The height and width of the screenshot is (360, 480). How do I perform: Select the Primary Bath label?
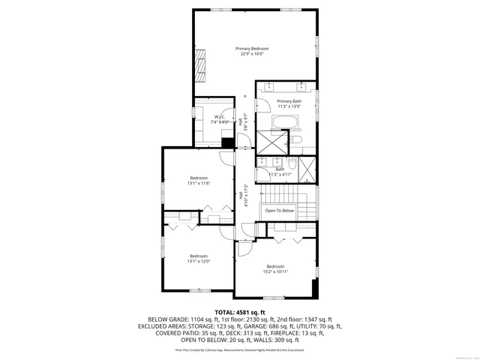[289, 101]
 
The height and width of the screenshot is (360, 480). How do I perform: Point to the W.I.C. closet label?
[220, 116]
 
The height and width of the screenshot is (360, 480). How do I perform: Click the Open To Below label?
[279, 211]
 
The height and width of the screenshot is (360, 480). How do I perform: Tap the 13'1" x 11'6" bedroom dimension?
[198, 183]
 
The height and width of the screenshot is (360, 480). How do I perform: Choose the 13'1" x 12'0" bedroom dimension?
[198, 261]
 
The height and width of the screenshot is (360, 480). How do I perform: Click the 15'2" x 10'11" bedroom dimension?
[275, 271]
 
